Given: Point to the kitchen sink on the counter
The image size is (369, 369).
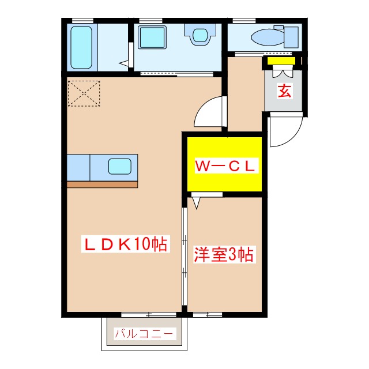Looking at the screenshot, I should click(120, 167).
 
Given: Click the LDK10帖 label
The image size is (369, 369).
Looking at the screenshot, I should click(125, 244).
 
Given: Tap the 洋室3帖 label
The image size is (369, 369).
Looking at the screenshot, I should click(224, 254).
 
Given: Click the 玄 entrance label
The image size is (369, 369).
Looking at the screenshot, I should click(284, 91).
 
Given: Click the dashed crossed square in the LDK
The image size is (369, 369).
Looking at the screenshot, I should click(84, 93).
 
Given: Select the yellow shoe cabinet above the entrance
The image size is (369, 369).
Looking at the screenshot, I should click(281, 61).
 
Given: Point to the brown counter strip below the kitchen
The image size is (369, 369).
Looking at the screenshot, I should click(103, 184).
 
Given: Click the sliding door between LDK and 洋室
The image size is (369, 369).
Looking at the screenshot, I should click(184, 257).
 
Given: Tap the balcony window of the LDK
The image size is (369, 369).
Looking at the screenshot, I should click(148, 314).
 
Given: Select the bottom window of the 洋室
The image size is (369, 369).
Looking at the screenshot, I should click(207, 314).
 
